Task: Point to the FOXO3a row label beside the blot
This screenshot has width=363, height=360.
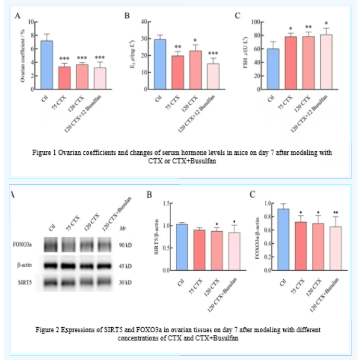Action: coord(22,244)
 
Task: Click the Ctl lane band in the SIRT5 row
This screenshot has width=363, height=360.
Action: coord(52,283)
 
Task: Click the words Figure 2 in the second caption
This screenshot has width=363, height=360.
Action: coord(49,330)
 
